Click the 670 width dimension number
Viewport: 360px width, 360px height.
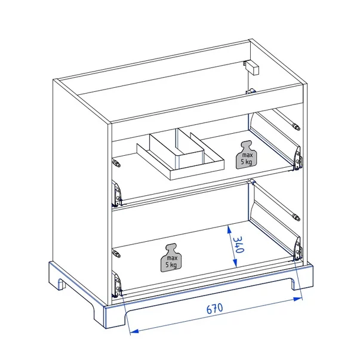(215, 309)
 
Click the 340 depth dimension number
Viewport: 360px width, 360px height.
(238, 245)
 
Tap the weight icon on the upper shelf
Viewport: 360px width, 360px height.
(246, 155)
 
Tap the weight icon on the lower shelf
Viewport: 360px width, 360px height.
(171, 257)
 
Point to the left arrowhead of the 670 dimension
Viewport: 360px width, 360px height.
(134, 331)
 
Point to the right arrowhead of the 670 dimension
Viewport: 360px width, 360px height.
(298, 299)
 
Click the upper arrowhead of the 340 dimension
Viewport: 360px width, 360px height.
(229, 229)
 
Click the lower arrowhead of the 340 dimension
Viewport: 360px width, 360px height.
(235, 263)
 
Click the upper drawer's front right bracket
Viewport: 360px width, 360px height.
(297, 158)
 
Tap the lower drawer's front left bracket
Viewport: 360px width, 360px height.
(117, 284)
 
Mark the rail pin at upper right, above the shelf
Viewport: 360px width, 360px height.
(296, 127)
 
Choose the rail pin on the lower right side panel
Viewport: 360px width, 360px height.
(296, 217)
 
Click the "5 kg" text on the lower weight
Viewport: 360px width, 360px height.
(171, 264)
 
